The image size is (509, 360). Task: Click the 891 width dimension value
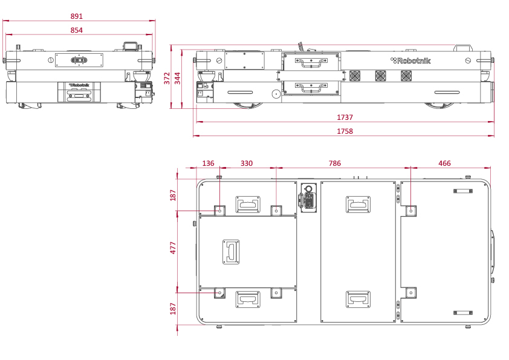click(x=77, y=16)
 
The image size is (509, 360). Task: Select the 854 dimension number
click(x=77, y=30)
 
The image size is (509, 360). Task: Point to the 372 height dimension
click(x=167, y=78)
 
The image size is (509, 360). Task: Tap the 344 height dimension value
click(x=178, y=78)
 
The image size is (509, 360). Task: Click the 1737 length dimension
click(x=345, y=117)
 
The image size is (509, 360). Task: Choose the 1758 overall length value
click(x=345, y=131)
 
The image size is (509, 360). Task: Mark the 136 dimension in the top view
click(x=208, y=163)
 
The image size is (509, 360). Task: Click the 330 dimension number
click(x=247, y=163)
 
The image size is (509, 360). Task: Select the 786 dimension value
click(x=335, y=163)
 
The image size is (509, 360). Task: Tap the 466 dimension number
click(x=444, y=163)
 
